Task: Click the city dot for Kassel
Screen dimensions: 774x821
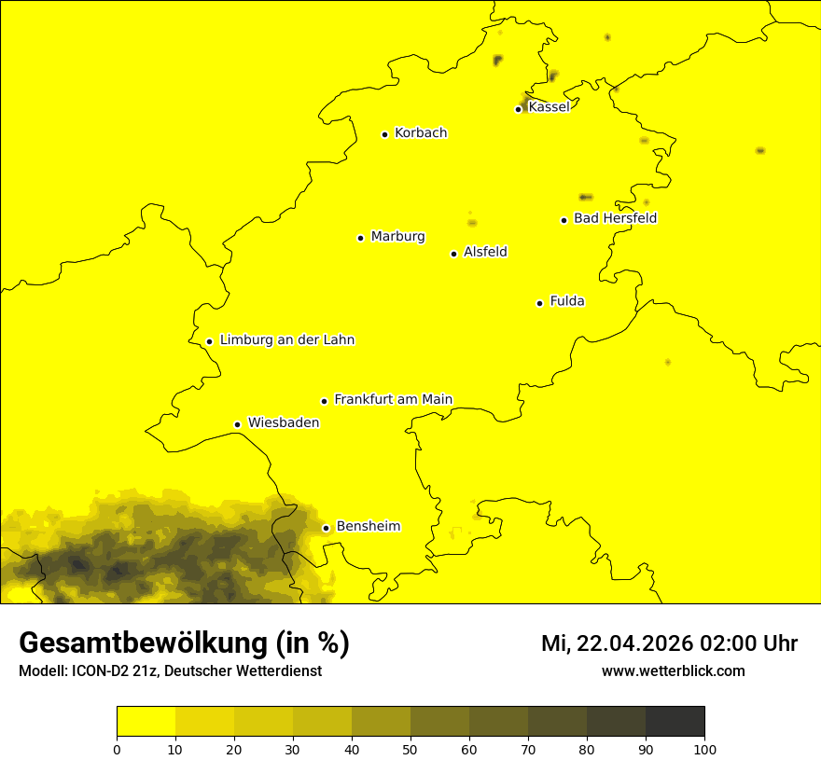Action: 518,109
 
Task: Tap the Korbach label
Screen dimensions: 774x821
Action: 421,133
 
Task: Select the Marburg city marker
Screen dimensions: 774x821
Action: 360,238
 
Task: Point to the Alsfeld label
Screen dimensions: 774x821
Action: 485,252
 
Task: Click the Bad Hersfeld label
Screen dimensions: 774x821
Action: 615,218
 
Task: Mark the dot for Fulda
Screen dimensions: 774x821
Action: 539,303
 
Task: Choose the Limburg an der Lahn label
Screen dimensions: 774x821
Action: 286,340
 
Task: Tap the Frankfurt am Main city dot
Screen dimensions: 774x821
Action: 324,401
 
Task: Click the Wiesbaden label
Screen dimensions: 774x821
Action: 284,422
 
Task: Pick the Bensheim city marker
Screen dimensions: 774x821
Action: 326,528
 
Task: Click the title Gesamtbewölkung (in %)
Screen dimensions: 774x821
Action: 184,643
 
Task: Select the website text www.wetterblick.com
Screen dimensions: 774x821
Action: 673,671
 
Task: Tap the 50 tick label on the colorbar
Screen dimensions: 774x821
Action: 410,749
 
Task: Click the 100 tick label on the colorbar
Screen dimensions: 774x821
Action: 704,749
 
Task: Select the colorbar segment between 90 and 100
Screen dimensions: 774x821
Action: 675,722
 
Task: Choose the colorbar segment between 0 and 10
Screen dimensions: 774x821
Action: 146,722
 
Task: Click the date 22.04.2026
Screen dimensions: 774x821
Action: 634,643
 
